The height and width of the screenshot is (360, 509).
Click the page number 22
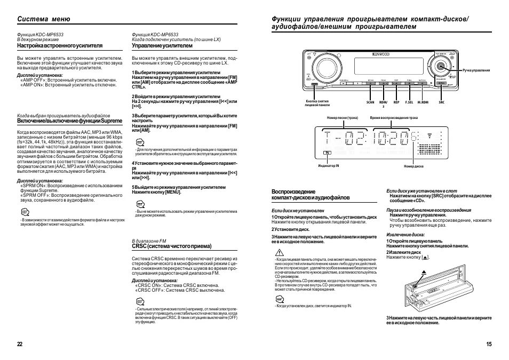coord(20,344)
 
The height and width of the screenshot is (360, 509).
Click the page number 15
coord(489,344)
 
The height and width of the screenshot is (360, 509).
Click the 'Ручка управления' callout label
coord(476,70)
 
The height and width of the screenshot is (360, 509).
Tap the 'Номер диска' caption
coord(413,166)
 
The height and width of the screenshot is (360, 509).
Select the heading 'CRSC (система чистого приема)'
coord(172,246)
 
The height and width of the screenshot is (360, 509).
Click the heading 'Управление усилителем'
coord(162,46)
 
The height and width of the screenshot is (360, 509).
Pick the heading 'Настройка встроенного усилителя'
coord(60,46)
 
